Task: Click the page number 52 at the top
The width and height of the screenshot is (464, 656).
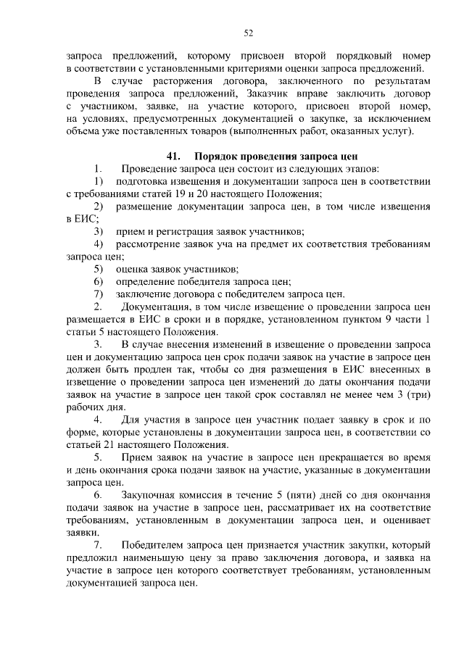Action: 247,33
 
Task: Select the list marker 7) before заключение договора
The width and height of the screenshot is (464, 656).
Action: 99,294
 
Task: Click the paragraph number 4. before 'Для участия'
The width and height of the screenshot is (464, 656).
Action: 99,419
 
